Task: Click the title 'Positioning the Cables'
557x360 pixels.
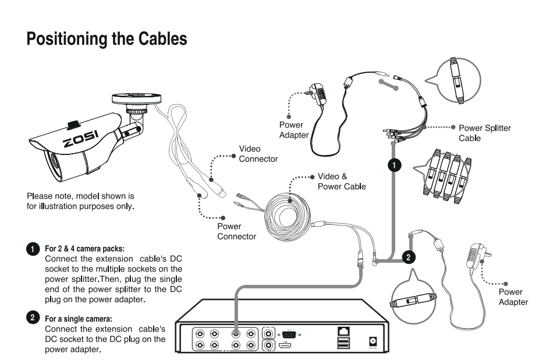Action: pyautogui.click(x=107, y=39)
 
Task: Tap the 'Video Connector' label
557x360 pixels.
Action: pyautogui.click(x=258, y=154)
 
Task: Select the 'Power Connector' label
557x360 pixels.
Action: pyautogui.click(x=236, y=231)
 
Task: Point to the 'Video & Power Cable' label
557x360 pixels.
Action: pyautogui.click(x=342, y=181)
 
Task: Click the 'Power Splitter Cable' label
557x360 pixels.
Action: pyautogui.click(x=485, y=133)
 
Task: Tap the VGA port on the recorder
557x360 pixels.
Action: pyautogui.click(x=292, y=334)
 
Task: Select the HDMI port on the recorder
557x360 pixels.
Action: pyautogui.click(x=285, y=346)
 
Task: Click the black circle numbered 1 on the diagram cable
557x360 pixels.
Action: pyautogui.click(x=394, y=165)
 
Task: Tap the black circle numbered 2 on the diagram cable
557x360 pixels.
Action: pyautogui.click(x=409, y=257)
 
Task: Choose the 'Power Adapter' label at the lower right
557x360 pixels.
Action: pyautogui.click(x=513, y=297)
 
